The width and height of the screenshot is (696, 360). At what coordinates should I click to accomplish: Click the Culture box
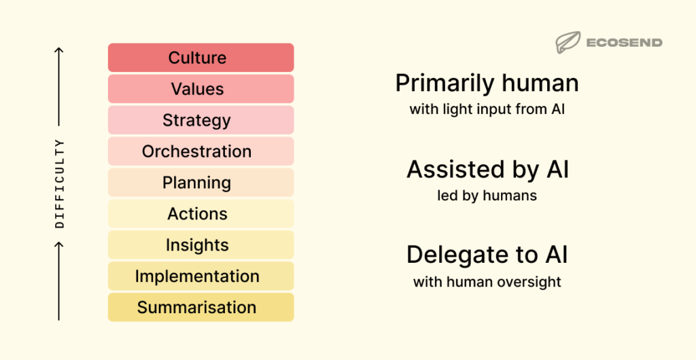click(201, 58)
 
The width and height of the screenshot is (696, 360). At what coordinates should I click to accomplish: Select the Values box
click(201, 89)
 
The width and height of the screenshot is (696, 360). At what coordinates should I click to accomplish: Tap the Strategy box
click(201, 120)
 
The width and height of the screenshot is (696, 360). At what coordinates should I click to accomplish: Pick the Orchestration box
click(201, 151)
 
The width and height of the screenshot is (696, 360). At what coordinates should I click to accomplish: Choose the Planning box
click(201, 183)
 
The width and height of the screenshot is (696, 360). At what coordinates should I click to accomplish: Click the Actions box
click(201, 214)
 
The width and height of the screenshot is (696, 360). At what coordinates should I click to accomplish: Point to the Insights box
click(201, 245)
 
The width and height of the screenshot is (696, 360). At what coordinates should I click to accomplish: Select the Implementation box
click(201, 276)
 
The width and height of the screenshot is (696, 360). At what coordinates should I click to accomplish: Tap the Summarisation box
click(201, 308)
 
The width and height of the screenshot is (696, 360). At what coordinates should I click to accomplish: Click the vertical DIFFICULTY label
click(59, 183)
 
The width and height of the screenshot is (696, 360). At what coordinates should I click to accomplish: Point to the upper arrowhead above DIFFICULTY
click(59, 50)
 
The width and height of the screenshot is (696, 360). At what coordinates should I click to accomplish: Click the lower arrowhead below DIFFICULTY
click(59, 245)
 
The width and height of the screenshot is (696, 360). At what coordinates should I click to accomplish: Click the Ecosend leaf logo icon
click(567, 43)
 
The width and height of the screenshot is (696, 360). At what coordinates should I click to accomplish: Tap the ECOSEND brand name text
click(623, 43)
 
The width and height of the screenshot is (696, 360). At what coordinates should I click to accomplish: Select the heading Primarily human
click(487, 84)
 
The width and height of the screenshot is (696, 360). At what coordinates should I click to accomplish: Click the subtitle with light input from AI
click(487, 109)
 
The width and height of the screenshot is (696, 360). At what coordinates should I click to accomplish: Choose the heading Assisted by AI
click(487, 170)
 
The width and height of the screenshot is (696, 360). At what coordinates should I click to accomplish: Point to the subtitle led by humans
click(487, 196)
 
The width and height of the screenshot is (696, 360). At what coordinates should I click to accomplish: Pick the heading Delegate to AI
click(487, 255)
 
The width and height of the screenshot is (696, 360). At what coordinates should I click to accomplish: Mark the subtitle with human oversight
click(487, 282)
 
